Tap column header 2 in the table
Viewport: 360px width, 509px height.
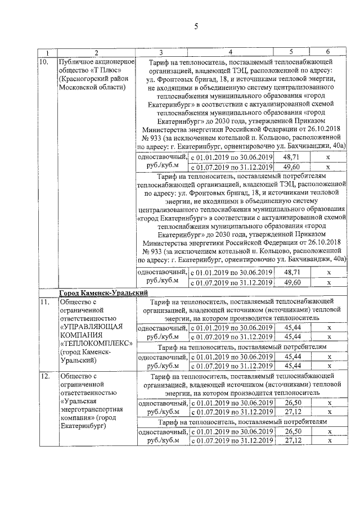[96, 53]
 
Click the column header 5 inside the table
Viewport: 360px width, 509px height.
[291, 53]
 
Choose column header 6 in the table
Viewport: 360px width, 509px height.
[327, 53]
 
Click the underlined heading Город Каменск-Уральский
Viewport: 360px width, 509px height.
[103, 293]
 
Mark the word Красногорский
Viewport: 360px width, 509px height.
[86, 79]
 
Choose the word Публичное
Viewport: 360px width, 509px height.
[76, 61]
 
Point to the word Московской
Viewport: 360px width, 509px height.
[78, 88]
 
